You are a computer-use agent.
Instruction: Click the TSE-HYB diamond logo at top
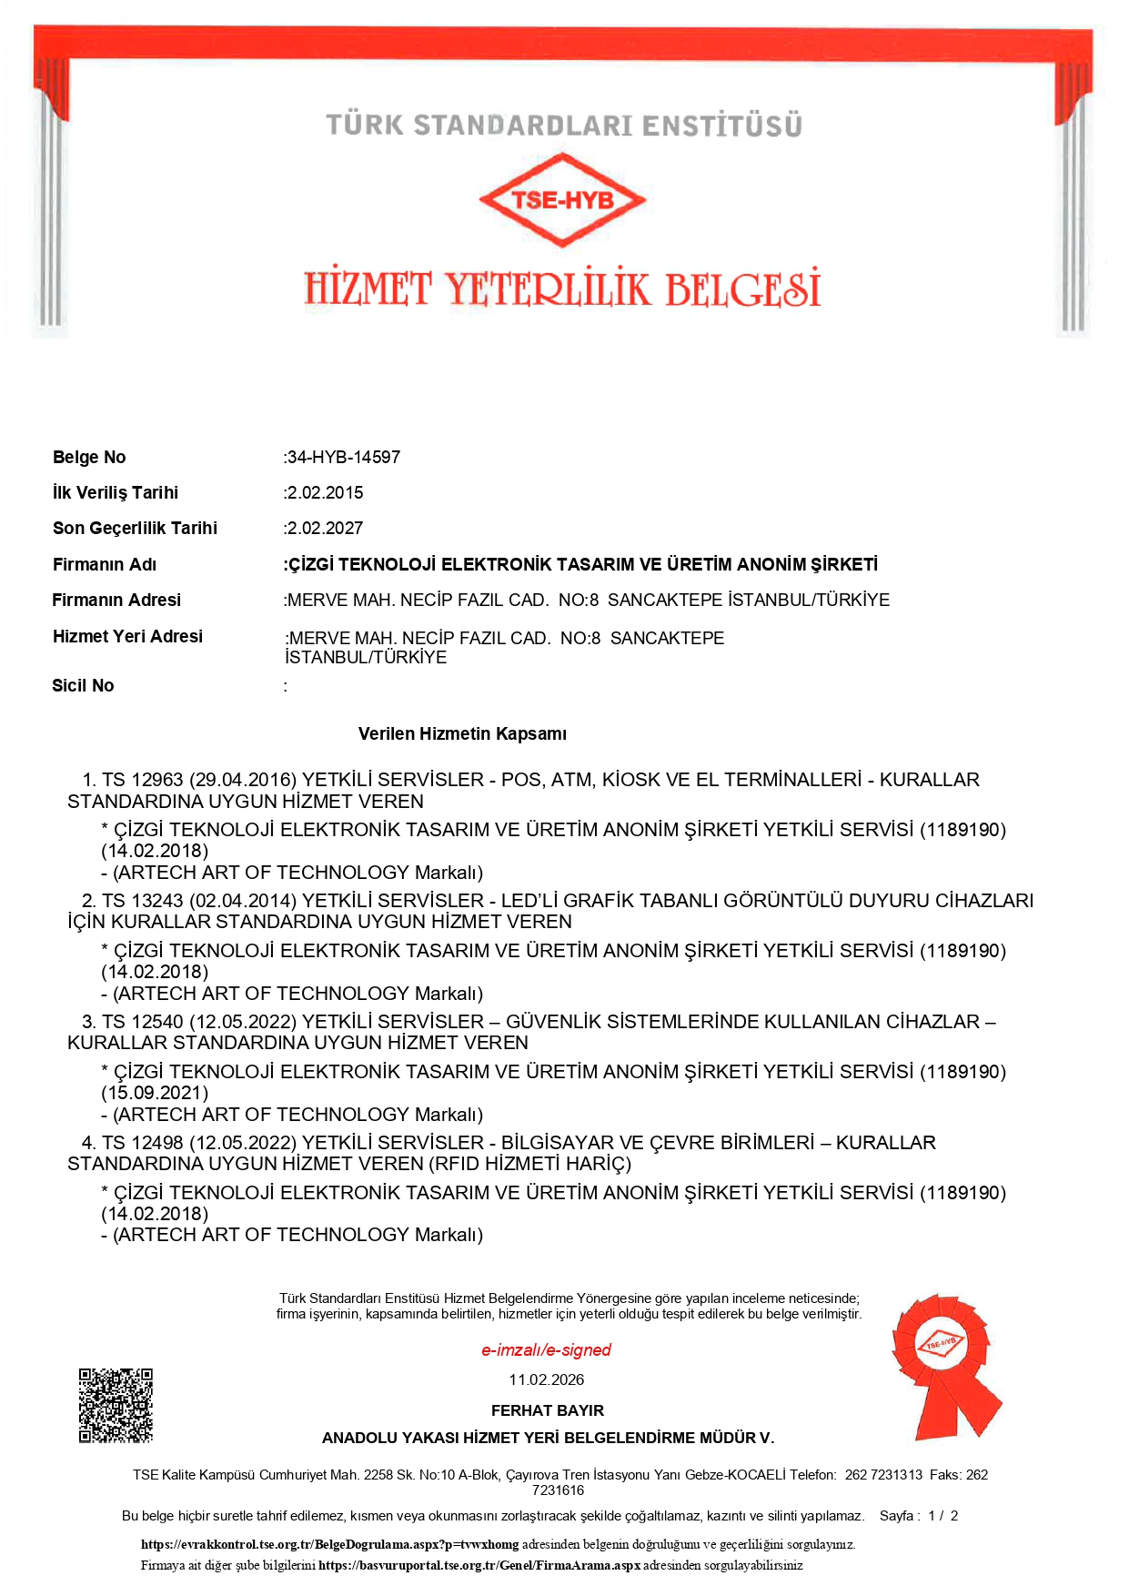[562, 199]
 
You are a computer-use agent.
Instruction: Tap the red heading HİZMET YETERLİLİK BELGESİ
[562, 288]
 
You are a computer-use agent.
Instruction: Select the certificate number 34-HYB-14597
[344, 457]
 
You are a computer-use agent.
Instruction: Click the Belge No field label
[89, 457]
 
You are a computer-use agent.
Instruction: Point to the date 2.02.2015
[325, 492]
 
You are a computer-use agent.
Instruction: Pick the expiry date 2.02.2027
[325, 528]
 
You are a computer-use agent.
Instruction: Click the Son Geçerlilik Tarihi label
[135, 528]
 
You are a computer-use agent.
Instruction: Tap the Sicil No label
[83, 685]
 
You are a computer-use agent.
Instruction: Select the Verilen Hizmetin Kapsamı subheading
[462, 733]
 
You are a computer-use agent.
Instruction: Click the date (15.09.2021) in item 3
[155, 1093]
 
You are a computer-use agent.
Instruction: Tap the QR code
[116, 1405]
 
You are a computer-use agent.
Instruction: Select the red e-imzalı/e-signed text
[546, 1349]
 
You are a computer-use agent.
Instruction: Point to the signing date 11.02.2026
[546, 1379]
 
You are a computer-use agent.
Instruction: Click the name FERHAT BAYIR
[547, 1410]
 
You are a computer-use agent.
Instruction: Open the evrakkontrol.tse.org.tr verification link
[329, 1544]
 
